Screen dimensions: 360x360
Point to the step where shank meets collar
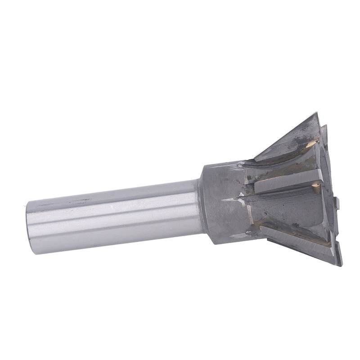click(198, 205)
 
